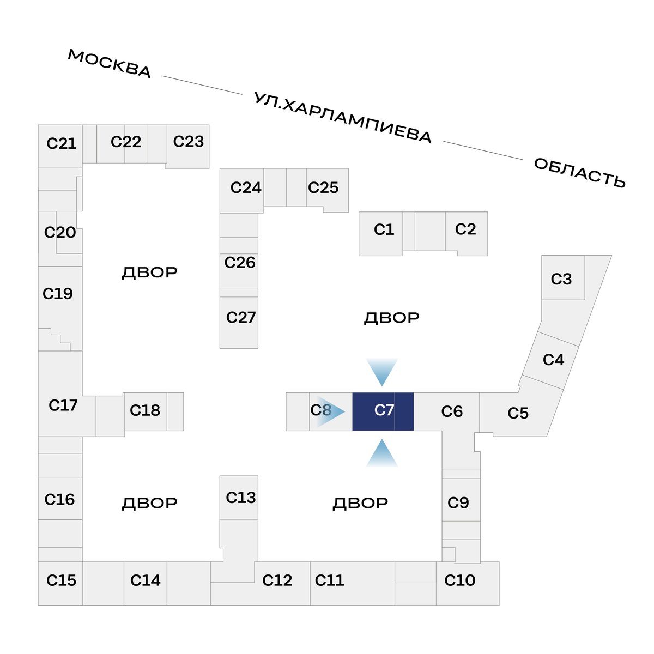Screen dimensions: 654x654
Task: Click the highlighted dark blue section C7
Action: [383, 411]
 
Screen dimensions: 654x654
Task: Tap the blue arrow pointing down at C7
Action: [382, 372]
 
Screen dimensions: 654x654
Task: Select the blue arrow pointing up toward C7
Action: [382, 453]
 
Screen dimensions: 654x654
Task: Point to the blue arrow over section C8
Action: [331, 411]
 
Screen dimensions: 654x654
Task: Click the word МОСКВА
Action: [110, 64]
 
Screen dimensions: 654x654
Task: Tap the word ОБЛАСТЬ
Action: [579, 173]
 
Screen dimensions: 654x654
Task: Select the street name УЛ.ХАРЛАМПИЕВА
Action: [342, 117]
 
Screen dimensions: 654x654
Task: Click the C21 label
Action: [62, 143]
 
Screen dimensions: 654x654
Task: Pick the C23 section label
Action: [189, 142]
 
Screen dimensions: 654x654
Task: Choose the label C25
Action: [323, 187]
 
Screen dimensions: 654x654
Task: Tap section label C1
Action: [384, 230]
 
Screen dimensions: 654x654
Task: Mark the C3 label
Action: [561, 280]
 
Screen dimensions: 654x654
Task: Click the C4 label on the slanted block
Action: [554, 360]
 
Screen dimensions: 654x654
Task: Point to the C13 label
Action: [241, 498]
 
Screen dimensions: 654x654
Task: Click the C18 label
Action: [145, 410]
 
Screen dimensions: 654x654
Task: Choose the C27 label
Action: [241, 318]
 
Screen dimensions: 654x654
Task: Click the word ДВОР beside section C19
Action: [150, 272]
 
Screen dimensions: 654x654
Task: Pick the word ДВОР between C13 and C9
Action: [360, 504]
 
